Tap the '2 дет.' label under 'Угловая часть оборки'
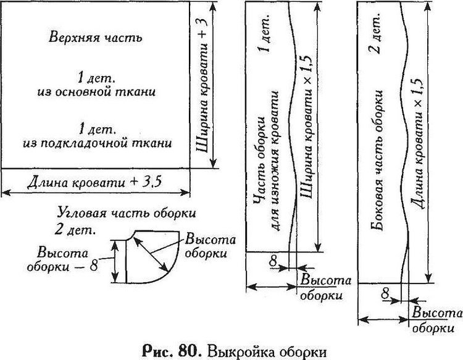pos(75,231)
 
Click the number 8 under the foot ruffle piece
pos(273,261)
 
